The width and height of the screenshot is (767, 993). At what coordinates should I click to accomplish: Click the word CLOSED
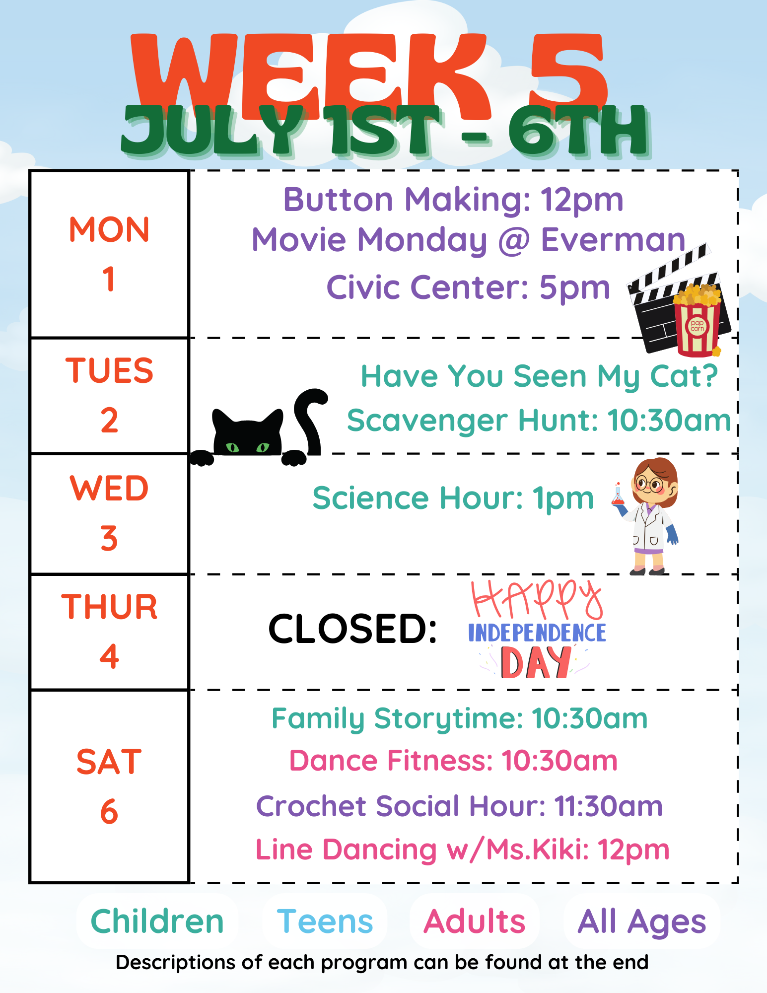click(352, 629)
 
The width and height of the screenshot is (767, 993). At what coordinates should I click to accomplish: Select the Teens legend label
click(325, 922)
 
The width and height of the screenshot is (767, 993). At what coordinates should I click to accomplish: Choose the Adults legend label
click(474, 922)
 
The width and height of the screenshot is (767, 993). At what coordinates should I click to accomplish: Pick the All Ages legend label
click(641, 922)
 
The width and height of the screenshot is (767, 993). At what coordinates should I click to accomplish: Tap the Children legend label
click(157, 922)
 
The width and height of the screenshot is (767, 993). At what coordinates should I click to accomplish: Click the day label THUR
click(109, 607)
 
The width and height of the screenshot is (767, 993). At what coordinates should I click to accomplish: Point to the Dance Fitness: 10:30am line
click(453, 761)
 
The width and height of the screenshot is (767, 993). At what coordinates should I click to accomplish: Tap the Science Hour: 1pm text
click(453, 498)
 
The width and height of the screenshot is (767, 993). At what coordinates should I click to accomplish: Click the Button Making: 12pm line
click(453, 200)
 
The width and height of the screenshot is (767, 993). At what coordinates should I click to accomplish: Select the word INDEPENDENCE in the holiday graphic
click(537, 633)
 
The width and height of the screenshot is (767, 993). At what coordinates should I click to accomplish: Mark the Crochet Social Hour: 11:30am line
click(459, 806)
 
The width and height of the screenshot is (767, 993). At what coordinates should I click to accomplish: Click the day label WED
click(109, 488)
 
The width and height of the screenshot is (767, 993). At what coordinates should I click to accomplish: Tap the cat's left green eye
click(232, 447)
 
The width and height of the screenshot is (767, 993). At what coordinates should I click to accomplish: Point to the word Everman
click(613, 240)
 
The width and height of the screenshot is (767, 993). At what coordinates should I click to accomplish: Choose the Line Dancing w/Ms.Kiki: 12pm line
click(462, 850)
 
